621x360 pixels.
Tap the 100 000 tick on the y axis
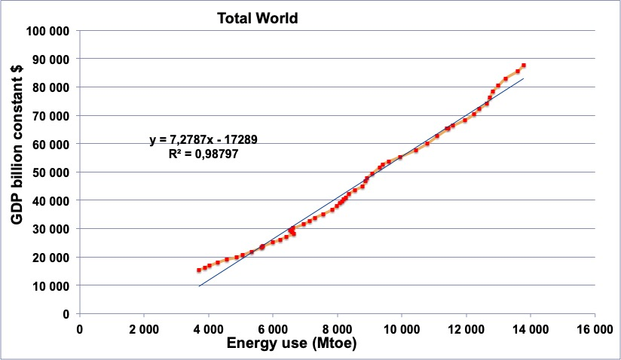coord(48,31)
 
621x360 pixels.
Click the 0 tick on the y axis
coord(66,314)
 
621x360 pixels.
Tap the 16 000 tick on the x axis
coord(595,328)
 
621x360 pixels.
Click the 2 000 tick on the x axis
coord(144,328)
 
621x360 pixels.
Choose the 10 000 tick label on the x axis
coord(401,328)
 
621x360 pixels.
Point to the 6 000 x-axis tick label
coord(273,328)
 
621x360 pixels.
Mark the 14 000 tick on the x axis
coord(530,328)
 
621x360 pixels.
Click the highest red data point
coord(523,66)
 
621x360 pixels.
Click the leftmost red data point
coord(199,270)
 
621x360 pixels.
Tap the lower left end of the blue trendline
coord(199,286)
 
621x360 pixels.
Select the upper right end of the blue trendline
coord(523,78)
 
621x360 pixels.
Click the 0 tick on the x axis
coord(80,328)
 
